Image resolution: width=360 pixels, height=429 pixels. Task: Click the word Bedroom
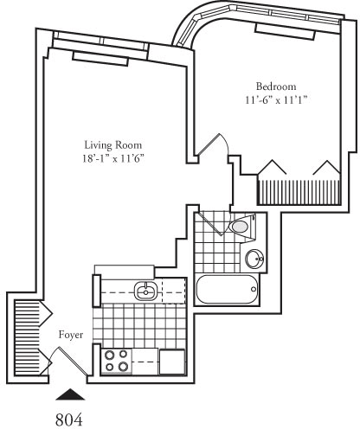tap(276, 86)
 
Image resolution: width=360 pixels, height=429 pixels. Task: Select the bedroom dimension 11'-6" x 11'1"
tap(276, 100)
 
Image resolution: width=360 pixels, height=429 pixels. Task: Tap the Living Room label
tap(112, 144)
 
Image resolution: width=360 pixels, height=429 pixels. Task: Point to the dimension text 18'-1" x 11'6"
tap(112, 158)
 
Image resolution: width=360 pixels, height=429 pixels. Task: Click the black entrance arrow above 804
tap(71, 394)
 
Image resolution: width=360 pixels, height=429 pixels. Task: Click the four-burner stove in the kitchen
tap(117, 360)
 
